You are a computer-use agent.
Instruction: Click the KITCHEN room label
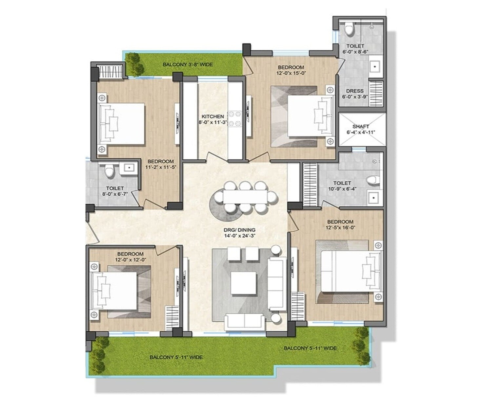[x=213, y=116]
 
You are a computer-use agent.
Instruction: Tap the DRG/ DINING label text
[x=239, y=230]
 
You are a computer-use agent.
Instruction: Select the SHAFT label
[x=361, y=126]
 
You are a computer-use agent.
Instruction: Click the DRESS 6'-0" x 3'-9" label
[x=355, y=94]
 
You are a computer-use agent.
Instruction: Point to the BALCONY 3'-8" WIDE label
[x=188, y=64]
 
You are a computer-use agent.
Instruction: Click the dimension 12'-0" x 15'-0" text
[x=291, y=73]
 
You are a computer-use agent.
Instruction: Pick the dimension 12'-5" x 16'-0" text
[x=340, y=227]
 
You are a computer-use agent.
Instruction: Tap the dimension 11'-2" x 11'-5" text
[x=161, y=167]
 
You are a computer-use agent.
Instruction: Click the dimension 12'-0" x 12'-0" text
[x=130, y=259]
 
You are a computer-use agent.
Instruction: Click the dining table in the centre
[x=245, y=197]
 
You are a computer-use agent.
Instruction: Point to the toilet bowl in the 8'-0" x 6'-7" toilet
[x=109, y=171]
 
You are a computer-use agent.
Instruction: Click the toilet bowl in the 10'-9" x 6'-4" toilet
[x=373, y=180]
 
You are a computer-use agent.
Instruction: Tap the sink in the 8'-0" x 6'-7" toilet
[x=129, y=168]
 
